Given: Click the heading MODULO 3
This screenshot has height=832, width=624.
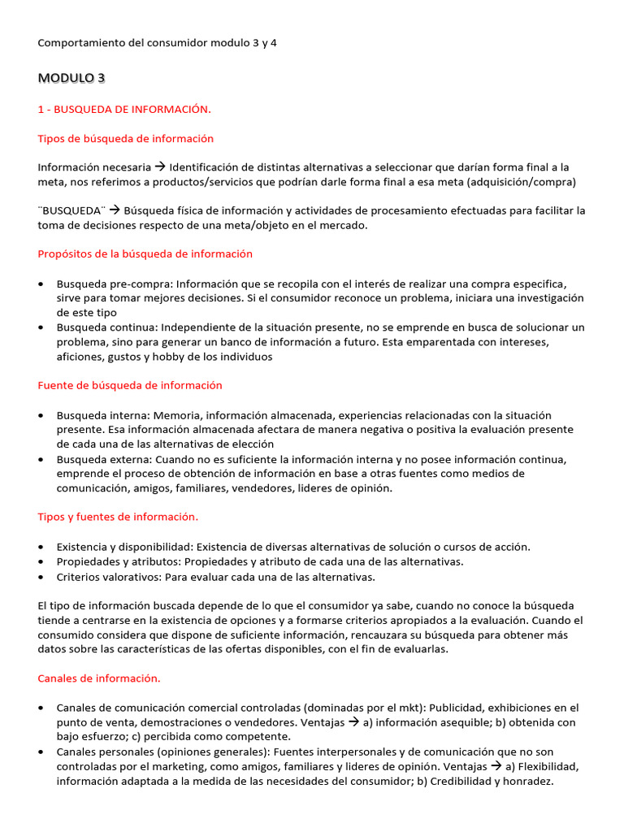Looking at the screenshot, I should (x=71, y=78).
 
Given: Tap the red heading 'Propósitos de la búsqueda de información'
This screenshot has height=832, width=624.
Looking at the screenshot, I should (x=145, y=253).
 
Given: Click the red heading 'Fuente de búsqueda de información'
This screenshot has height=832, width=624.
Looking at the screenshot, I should (x=130, y=385).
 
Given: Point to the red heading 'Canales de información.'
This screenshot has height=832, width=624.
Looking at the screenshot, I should (x=99, y=678).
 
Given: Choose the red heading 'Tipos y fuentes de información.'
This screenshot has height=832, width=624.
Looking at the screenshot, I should (x=118, y=517).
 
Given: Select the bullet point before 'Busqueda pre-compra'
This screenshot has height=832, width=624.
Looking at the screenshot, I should (x=41, y=284).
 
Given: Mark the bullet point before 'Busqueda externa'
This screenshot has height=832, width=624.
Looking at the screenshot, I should (x=41, y=459).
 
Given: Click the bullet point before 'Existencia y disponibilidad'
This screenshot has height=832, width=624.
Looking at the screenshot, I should (x=41, y=547).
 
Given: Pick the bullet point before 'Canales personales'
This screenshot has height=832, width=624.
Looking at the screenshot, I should (x=41, y=752).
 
